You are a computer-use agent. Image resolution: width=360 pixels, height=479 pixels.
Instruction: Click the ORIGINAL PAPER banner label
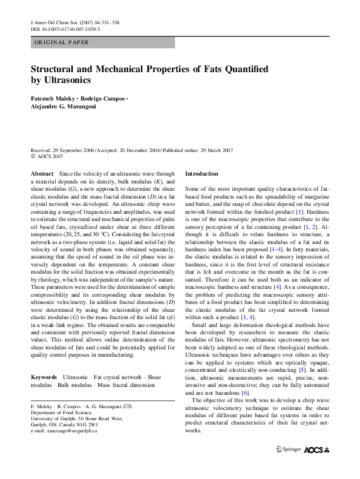point(61,42)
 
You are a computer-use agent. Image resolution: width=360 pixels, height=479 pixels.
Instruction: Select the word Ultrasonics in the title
point(68,80)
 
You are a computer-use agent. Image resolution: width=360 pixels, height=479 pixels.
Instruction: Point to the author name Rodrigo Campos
point(103,98)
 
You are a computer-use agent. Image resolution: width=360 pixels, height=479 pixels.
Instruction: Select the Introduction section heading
point(201,174)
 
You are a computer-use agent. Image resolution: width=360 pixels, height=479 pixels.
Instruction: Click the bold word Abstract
point(42,174)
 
